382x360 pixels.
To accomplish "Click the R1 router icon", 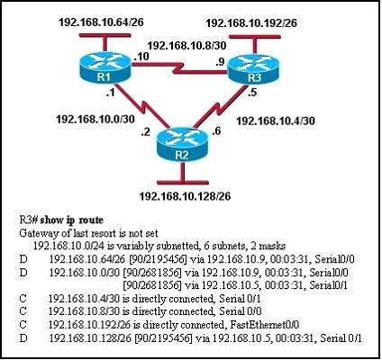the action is point(105,67).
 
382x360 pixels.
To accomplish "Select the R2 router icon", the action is point(182,146).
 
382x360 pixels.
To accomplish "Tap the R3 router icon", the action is point(254,68).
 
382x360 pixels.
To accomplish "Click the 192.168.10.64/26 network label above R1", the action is point(101,22).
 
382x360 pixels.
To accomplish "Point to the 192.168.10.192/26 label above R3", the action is point(251,23).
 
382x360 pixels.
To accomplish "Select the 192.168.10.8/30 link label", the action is point(186,45).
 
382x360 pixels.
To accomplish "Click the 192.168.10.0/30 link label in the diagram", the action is point(95,119).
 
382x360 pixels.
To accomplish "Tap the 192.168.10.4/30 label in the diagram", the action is point(276,121).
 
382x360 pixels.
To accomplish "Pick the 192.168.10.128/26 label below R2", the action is point(185,196).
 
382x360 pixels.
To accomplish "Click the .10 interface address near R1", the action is point(141,57).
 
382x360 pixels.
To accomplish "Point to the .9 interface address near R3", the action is point(220,62).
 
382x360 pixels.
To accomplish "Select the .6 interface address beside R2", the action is point(216,131).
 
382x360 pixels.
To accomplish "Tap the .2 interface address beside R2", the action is point(145,132).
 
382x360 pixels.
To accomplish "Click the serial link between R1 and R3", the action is point(179,67).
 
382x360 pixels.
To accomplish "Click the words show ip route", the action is point(71,220).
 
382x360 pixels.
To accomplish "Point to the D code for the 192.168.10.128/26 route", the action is point(23,338).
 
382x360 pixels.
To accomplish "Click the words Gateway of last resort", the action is point(68,233).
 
